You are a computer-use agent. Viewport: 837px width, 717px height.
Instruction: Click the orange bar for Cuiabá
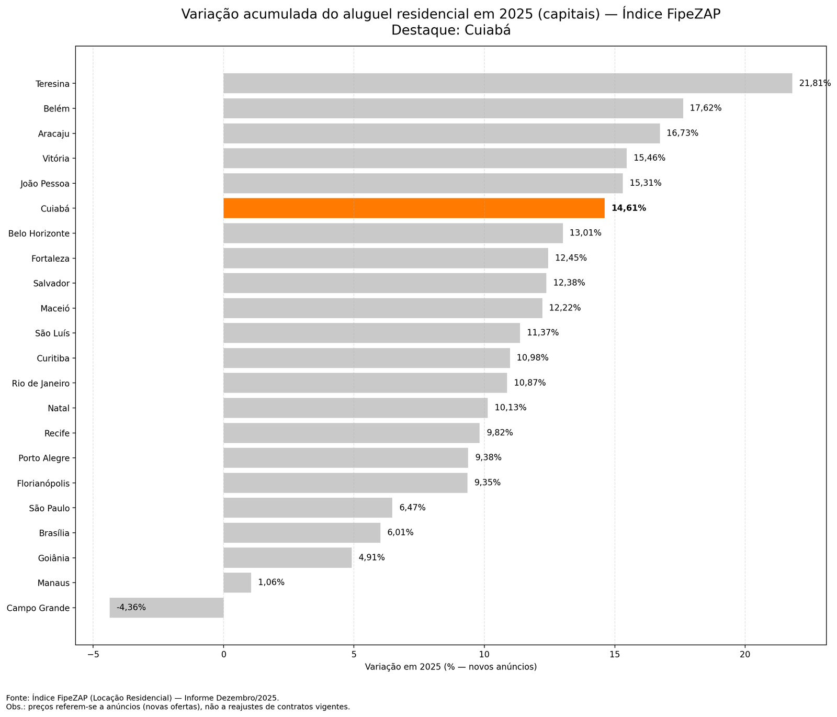tap(413, 208)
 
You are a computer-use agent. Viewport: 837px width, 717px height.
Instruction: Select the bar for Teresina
tap(507, 83)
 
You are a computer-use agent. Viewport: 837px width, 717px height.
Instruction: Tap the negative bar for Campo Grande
tap(166, 608)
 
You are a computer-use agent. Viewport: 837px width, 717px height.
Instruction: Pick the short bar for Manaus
tap(237, 582)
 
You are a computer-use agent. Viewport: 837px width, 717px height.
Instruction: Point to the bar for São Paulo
tap(308, 508)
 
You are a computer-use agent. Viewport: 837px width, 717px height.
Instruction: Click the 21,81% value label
tap(815, 83)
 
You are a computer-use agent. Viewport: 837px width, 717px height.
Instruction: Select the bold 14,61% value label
tap(628, 208)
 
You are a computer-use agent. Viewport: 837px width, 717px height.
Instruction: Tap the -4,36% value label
tap(131, 608)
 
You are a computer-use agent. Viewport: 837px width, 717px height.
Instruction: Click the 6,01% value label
tap(400, 533)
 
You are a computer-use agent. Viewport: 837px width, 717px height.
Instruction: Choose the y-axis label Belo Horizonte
tap(39, 233)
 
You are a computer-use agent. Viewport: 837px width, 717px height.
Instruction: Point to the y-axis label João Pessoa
tap(46, 184)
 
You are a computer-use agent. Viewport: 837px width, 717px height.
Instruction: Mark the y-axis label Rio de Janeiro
tap(41, 383)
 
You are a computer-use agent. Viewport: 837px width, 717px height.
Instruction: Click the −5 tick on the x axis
tap(93, 655)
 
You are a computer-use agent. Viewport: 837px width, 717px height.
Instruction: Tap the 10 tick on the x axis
tap(484, 655)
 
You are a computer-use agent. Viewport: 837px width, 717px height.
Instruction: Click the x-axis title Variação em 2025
tap(450, 667)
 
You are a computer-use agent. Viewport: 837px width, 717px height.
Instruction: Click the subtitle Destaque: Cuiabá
tap(450, 31)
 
